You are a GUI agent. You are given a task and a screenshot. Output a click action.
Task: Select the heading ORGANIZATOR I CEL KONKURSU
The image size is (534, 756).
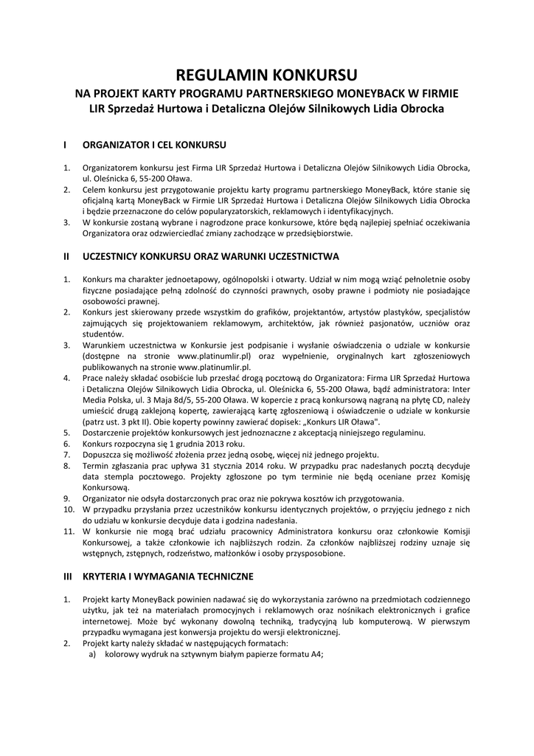tap(154, 145)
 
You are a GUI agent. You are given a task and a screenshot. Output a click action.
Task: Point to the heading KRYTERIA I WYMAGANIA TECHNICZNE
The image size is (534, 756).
tap(168, 575)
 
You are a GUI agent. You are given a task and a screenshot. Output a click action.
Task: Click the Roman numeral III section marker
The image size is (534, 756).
tap(68, 575)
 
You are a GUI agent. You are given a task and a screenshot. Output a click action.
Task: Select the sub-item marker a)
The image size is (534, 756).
tap(93, 653)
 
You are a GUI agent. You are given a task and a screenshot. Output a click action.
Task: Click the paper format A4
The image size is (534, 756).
tap(315, 653)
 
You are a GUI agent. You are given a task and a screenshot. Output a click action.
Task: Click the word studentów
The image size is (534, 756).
tap(103, 334)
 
